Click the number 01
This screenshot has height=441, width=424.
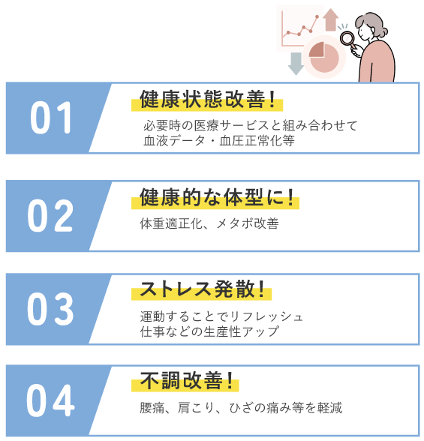pos(51,117)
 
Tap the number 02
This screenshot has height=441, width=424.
pos(50,215)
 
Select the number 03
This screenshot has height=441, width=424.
pos(50,308)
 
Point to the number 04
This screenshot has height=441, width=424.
pos(50,400)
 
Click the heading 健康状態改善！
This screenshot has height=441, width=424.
pos(207,99)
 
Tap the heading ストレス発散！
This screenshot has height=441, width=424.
pos(203,289)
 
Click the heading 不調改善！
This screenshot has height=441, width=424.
pos(186,380)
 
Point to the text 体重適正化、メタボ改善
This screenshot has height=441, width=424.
pos(209,223)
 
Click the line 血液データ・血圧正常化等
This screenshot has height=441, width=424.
pos(219,141)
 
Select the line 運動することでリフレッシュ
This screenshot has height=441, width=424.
pos(221,316)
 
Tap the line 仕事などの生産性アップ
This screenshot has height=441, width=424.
pos(209,331)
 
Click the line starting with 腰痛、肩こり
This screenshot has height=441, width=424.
pos(241,408)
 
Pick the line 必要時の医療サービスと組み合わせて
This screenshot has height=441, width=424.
pos(251,125)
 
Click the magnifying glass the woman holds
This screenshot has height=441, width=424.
pos(347,38)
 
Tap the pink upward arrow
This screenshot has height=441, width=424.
pos(331,19)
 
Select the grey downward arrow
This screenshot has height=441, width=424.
pos(296,64)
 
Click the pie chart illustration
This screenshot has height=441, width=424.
pos(324,57)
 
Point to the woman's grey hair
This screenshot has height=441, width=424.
pos(371,23)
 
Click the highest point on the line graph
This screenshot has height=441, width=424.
pos(317,16)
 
